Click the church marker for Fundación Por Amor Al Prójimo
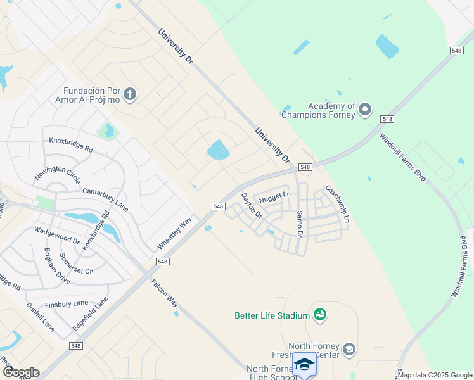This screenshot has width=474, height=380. click(x=130, y=95)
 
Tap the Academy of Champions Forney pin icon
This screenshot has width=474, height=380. click(x=364, y=110)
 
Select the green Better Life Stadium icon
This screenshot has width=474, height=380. click(x=320, y=315)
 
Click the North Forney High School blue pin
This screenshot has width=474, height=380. click(x=305, y=365)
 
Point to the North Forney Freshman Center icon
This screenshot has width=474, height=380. click(x=349, y=349)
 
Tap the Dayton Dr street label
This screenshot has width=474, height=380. click(x=251, y=206)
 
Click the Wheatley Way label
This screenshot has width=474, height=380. click(x=174, y=234)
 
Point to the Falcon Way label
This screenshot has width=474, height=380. click(x=164, y=293)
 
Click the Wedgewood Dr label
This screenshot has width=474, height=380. click(x=57, y=236)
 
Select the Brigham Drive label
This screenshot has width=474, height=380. click(x=56, y=265)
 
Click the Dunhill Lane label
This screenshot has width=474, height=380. click(x=40, y=317)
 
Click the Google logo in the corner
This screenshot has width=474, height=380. click(x=20, y=372)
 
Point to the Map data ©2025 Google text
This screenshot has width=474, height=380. click(x=435, y=375)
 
